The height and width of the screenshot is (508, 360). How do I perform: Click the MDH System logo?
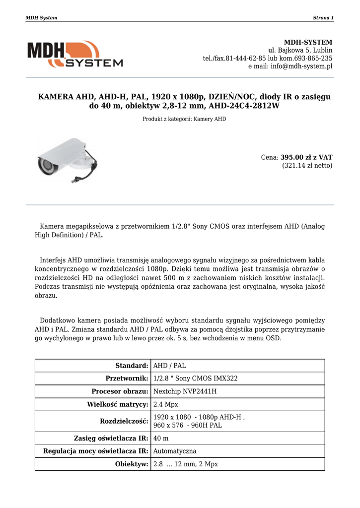click(75, 54)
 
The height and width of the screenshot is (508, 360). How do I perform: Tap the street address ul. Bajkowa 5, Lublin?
click(300, 50)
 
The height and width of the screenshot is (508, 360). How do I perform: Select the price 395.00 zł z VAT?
click(306, 157)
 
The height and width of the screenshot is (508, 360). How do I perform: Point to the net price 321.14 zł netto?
click(307, 166)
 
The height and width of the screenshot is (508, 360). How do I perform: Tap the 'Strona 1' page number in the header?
click(323, 18)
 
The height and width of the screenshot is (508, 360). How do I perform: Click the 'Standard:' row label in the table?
click(132, 366)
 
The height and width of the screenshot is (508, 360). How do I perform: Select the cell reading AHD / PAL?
click(170, 366)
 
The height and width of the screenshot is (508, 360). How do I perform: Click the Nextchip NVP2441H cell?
click(185, 391)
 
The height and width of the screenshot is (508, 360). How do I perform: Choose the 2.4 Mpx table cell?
click(166, 404)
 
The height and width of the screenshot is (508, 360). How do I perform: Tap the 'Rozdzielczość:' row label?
click(124, 421)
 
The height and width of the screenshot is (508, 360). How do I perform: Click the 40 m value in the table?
click(161, 439)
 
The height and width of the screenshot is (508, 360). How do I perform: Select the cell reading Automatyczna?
click(175, 451)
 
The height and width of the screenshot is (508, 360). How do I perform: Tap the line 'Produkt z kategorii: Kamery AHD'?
click(184, 119)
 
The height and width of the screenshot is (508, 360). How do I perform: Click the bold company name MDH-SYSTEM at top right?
click(308, 42)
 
